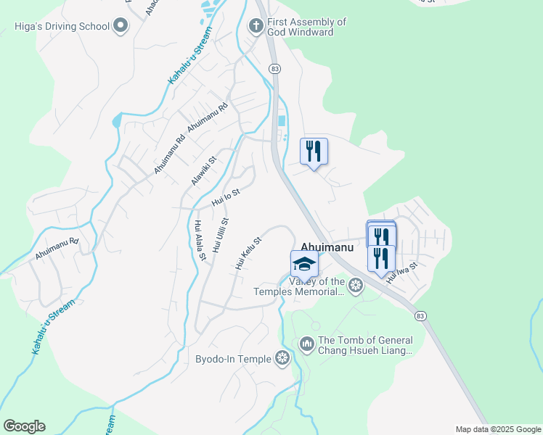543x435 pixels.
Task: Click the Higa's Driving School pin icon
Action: tap(121, 27)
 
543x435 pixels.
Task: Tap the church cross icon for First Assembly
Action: tap(256, 26)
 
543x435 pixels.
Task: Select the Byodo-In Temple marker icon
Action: tap(282, 357)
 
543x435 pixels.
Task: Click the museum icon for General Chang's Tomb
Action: tap(306, 343)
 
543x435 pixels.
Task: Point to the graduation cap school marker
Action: tap(304, 264)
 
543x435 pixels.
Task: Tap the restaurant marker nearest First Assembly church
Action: tap(314, 152)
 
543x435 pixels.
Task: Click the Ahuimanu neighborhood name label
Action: tap(327, 247)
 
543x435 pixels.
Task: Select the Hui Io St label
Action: tap(225, 196)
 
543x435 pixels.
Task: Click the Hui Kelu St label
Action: tap(248, 254)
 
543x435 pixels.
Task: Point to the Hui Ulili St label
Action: tap(221, 235)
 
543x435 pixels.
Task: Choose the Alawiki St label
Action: tap(204, 171)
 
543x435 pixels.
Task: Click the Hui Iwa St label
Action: tap(402, 273)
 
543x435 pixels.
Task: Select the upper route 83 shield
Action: tap(274, 67)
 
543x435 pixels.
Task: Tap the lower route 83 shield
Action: tap(420, 316)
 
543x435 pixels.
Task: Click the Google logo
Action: tap(24, 426)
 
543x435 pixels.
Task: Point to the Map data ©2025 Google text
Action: tap(498, 429)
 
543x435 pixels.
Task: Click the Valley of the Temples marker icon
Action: tap(355, 285)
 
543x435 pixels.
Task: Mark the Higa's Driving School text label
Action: tap(62, 27)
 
